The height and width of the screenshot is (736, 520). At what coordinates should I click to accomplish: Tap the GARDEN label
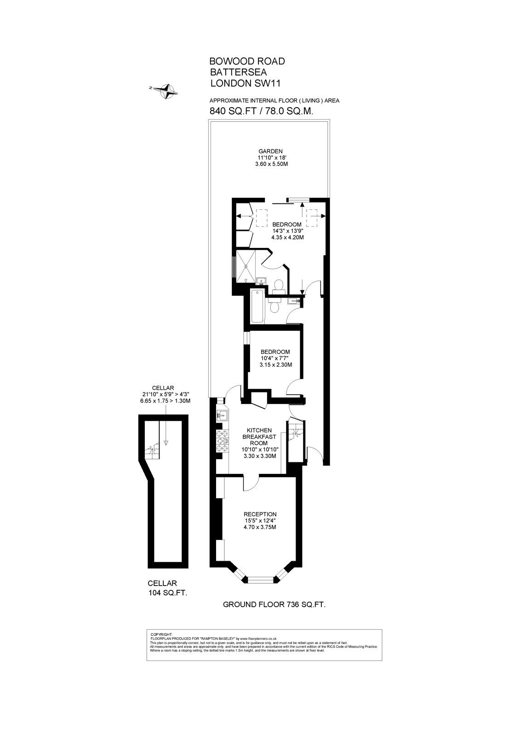coord(270,151)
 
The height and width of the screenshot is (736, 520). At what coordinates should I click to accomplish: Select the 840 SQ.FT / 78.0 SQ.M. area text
coord(262,111)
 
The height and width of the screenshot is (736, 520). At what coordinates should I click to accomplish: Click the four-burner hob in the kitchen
coord(223,441)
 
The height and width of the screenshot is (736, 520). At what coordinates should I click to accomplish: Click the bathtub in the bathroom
coord(257,307)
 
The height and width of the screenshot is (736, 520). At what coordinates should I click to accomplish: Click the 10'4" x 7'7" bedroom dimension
coord(275,358)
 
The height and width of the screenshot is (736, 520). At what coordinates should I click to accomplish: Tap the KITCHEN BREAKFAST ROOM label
coord(259,437)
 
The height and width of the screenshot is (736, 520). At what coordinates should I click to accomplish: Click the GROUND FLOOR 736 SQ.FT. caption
coord(274,604)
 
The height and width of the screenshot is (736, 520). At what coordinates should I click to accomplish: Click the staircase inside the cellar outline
coord(152,452)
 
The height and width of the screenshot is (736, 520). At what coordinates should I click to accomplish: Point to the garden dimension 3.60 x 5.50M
coord(271,164)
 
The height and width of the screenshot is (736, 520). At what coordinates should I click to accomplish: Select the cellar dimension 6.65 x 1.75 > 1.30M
coord(165,401)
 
